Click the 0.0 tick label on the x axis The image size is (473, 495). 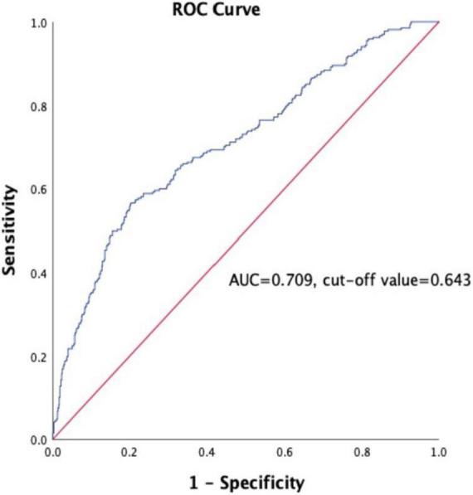(x=52, y=454)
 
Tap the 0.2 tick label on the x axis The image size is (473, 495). (x=129, y=454)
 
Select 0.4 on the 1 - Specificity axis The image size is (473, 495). (x=207, y=454)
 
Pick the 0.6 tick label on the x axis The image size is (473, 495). (x=284, y=454)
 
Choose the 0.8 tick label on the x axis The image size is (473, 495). (x=361, y=454)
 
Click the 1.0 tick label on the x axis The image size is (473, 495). (x=438, y=454)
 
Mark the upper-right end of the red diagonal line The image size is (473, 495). (x=437, y=23)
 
